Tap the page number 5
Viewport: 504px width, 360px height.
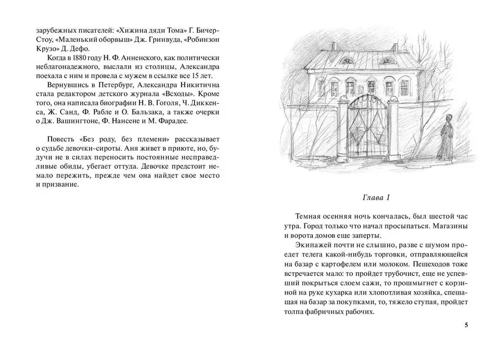pos(467,325)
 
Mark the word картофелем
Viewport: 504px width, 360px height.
pos(336,264)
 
